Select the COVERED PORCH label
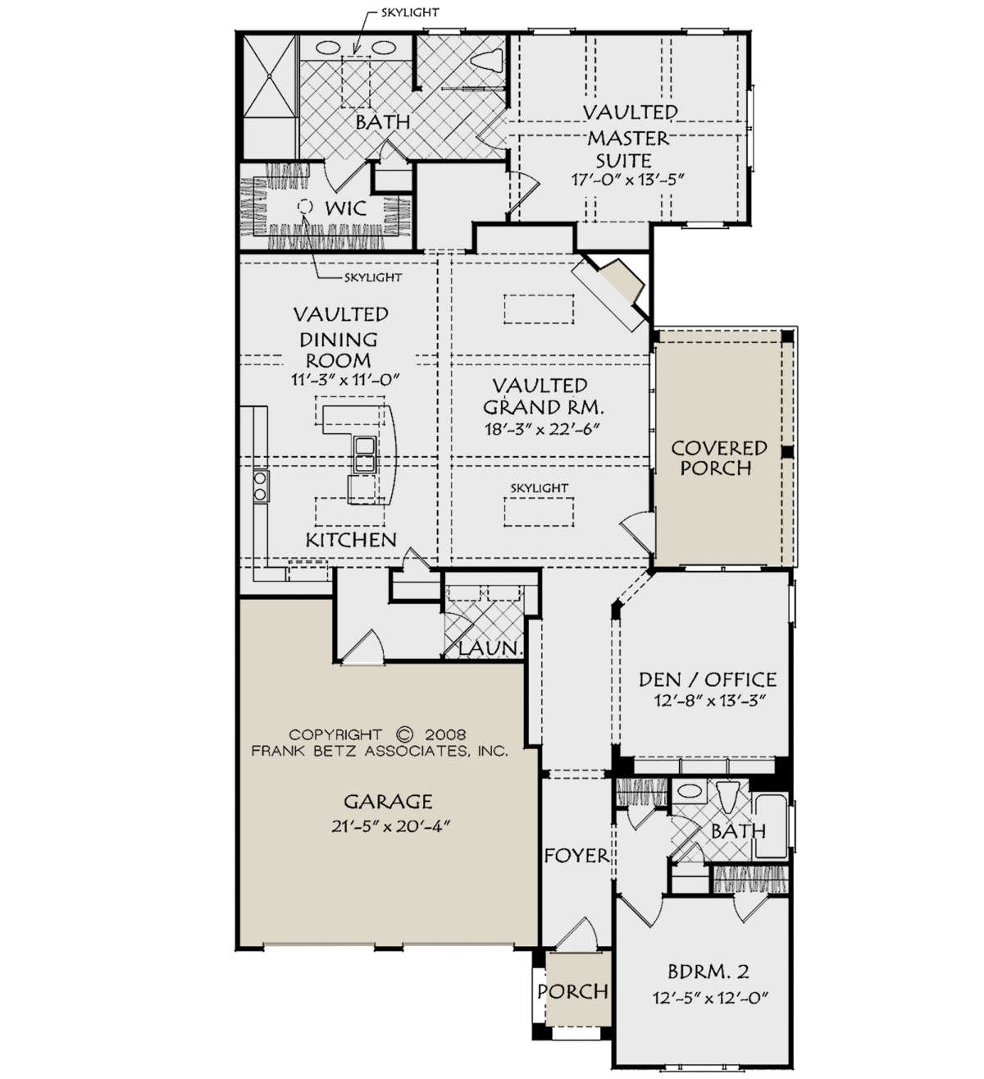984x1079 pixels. point(719,458)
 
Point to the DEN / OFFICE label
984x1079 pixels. point(707,679)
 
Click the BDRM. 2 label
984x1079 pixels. point(708,972)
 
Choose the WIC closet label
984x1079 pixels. point(346,208)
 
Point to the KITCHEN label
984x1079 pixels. point(351,540)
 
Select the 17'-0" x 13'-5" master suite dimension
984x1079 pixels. point(627,179)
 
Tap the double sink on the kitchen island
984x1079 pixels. point(363,455)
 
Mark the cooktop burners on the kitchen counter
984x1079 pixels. point(260,486)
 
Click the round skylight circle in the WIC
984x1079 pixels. point(305,206)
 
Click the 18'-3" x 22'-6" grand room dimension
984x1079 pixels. point(542,429)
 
